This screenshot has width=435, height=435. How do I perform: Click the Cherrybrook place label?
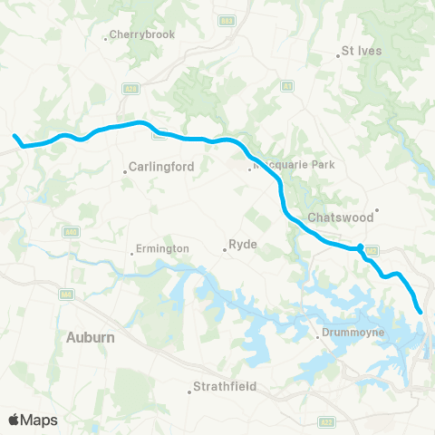[140, 35]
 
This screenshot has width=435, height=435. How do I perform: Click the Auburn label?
[91, 337]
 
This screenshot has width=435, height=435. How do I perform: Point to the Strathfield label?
[222, 387]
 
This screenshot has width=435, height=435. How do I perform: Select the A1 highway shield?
[286, 86]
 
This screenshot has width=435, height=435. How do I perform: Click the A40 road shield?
[69, 234]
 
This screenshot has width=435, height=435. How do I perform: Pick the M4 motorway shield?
[65, 295]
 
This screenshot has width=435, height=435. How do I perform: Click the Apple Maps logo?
[33, 420]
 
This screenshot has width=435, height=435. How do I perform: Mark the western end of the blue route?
[14, 137]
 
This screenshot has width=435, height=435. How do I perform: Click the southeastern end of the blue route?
[421, 313]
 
